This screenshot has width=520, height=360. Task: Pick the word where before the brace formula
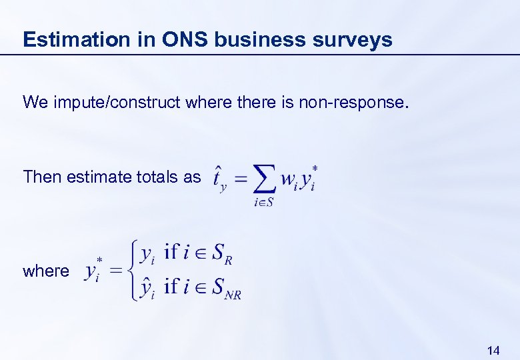[45, 271]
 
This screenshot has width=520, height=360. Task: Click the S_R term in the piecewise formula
[221, 254]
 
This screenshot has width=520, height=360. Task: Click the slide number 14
[494, 350]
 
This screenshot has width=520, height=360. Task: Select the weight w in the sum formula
[288, 179]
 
